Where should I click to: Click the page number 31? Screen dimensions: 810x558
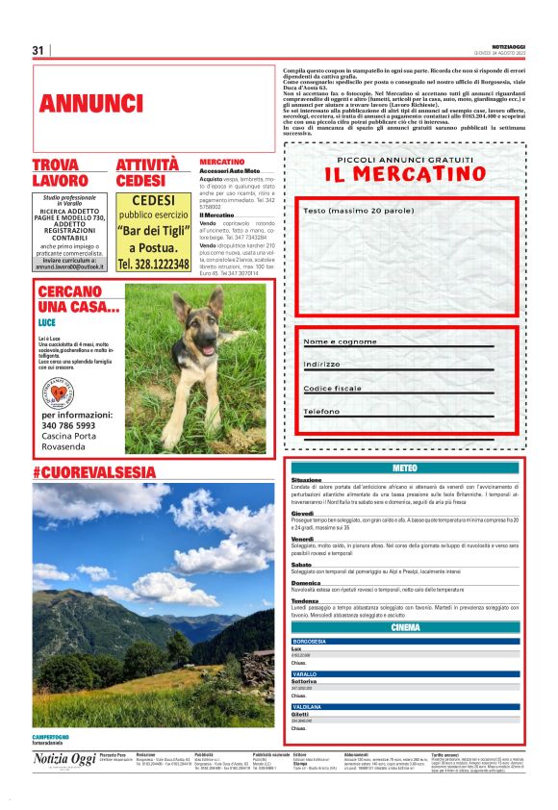[38, 50]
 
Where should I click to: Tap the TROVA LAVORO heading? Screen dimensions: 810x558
[68, 173]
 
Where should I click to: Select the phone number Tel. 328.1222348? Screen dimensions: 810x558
[153, 264]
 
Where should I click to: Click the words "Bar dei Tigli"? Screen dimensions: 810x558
[153, 231]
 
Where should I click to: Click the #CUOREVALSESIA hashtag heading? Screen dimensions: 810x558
[93, 471]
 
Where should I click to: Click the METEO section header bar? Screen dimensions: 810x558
[405, 467]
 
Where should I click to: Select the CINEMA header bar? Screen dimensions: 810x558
[405, 627]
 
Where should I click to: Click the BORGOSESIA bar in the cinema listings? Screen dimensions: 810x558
[405, 641]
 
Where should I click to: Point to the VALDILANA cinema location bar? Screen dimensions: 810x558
[405, 706]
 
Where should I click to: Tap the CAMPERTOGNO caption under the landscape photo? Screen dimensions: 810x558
[56, 737]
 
